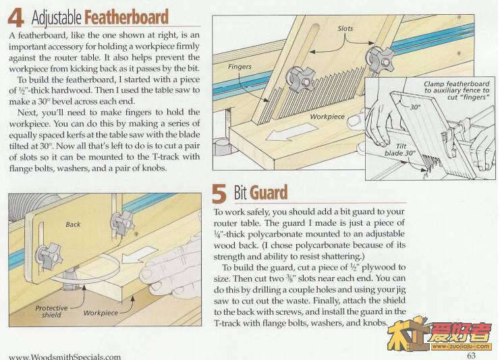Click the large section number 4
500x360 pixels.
(x=16, y=18)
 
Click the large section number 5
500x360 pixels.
(x=219, y=193)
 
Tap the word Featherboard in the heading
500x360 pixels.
(x=126, y=17)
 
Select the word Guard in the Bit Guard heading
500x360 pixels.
(x=269, y=192)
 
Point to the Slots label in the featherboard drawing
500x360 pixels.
(x=345, y=28)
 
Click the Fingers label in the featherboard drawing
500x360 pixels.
(x=240, y=67)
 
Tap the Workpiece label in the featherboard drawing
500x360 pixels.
(x=327, y=117)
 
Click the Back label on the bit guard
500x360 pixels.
(x=73, y=224)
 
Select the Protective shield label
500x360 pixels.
(x=52, y=311)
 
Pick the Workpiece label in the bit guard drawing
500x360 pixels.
(x=101, y=313)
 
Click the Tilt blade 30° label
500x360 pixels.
(x=400, y=150)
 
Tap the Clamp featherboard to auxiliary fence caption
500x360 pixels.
(x=456, y=90)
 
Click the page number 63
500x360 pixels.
(x=471, y=355)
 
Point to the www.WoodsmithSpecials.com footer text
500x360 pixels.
(x=65, y=357)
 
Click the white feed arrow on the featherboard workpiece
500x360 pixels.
(x=291, y=132)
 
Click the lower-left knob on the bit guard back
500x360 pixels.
(x=49, y=256)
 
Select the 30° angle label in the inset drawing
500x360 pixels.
(x=415, y=107)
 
